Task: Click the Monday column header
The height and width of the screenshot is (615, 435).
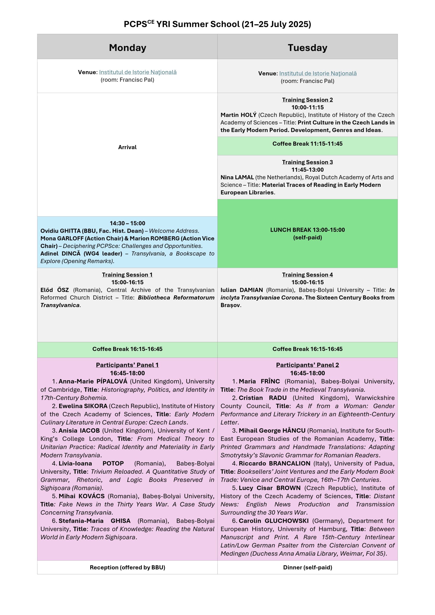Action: (128, 48)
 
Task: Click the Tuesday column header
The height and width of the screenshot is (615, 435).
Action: (307, 48)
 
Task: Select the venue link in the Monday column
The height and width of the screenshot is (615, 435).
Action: (138, 72)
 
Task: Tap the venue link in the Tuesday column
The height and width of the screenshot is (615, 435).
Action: (318, 74)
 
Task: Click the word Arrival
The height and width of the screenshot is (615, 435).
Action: (127, 147)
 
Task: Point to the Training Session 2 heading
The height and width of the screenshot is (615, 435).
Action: (307, 100)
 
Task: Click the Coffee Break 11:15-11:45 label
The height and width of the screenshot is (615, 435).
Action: (307, 144)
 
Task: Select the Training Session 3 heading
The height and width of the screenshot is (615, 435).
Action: (307, 162)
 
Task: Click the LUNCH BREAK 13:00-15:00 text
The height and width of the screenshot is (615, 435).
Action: (307, 230)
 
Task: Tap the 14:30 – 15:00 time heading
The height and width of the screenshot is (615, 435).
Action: (127, 223)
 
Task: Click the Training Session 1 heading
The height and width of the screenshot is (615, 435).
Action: (127, 275)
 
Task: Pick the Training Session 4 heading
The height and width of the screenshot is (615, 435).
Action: (307, 275)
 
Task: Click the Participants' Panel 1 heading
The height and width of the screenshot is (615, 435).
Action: (127, 365)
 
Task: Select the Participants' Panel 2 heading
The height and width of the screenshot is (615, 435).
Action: (307, 365)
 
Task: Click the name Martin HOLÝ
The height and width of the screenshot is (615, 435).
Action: (238, 115)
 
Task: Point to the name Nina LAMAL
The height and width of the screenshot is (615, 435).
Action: (237, 177)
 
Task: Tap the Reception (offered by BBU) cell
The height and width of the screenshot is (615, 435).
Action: (127, 567)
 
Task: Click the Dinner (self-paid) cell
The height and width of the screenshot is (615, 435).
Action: (307, 567)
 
